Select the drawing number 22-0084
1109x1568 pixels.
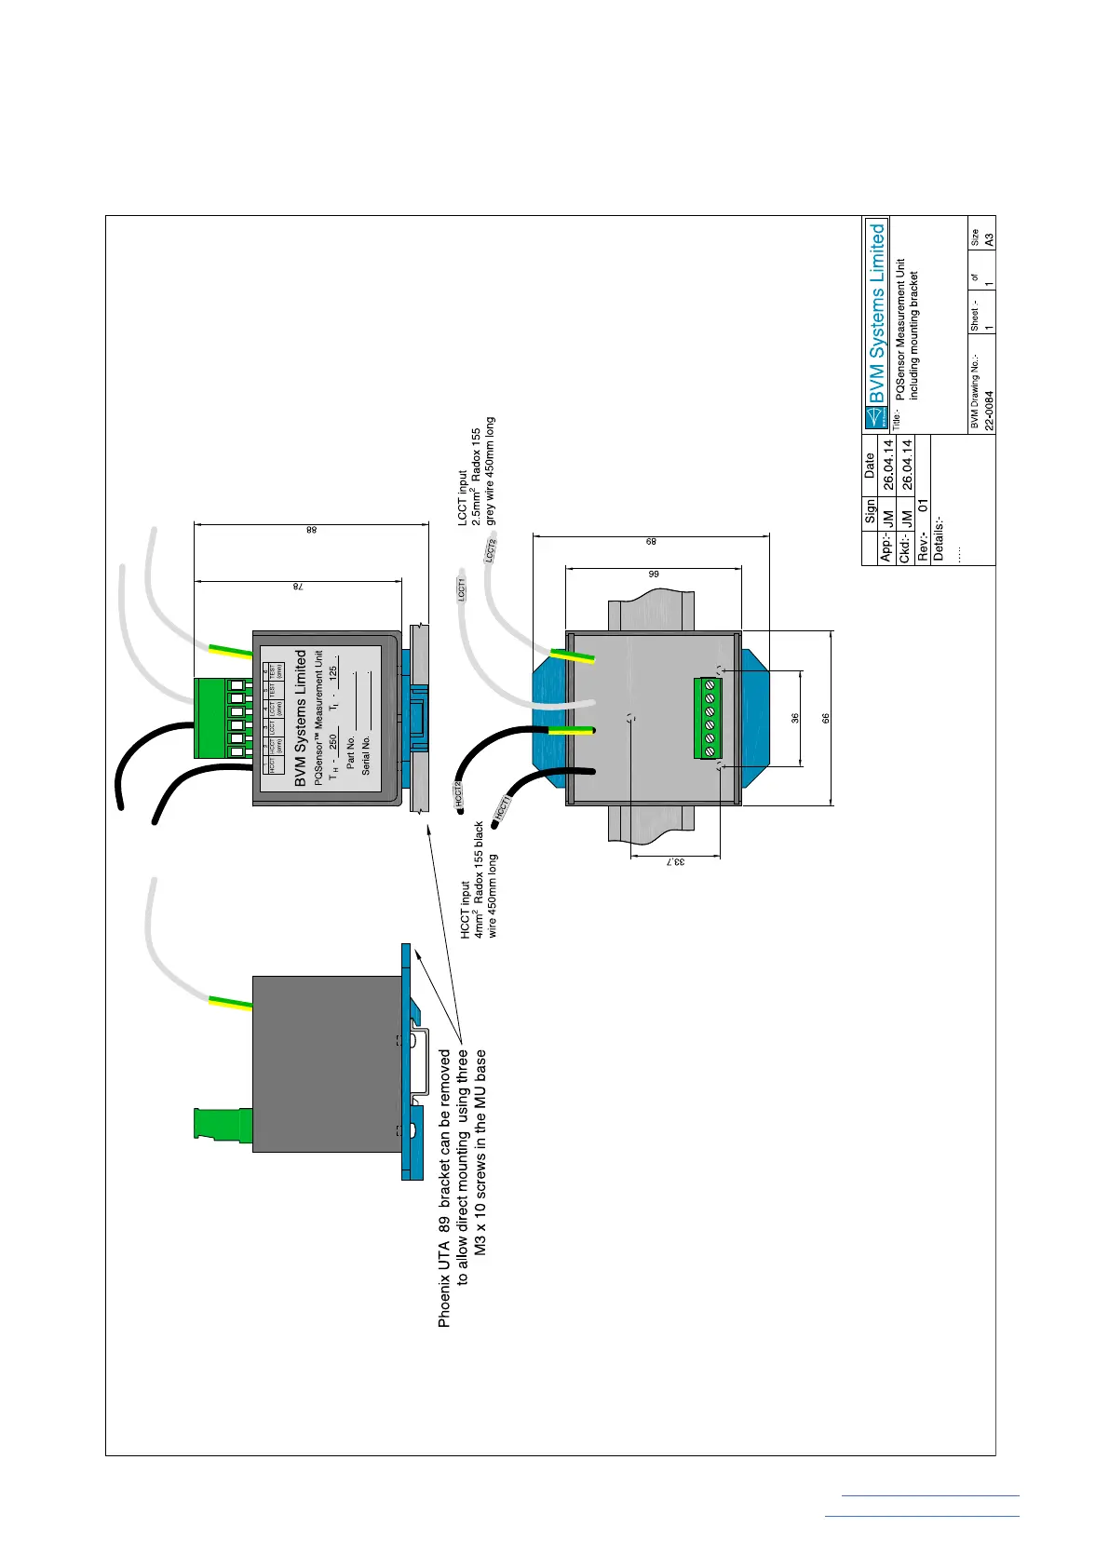pyautogui.click(x=990, y=410)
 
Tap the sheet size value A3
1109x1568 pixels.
pyautogui.click(x=989, y=239)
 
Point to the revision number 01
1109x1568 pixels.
pyautogui.click(x=923, y=505)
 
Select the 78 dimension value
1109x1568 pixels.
pyautogui.click(x=298, y=587)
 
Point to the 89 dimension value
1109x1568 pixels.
pyautogui.click(x=652, y=540)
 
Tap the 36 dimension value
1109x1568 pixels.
pyautogui.click(x=794, y=718)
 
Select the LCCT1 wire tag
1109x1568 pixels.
pyautogui.click(x=460, y=588)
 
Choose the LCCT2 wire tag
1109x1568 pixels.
pyautogui.click(x=490, y=549)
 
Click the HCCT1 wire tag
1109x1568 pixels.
pyautogui.click(x=503, y=807)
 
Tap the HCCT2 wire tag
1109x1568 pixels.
pyautogui.click(x=458, y=792)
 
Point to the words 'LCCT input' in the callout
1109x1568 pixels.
pyautogui.click(x=463, y=499)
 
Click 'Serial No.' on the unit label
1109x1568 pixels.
pyautogui.click(x=366, y=755)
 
